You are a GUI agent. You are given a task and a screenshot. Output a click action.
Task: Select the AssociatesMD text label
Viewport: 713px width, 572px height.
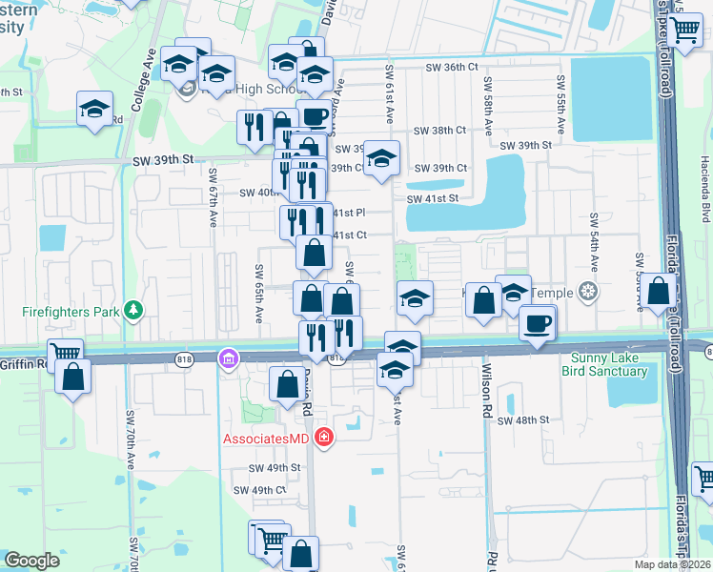coord(269,439)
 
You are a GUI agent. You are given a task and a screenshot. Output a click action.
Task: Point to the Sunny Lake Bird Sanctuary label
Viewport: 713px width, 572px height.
coord(608,365)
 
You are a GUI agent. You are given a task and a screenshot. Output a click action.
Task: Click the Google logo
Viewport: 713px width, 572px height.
coord(31,561)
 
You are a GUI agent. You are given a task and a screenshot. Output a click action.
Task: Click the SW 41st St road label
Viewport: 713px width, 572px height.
coord(433,198)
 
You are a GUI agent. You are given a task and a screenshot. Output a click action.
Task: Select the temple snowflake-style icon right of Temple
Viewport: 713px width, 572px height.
coord(588,291)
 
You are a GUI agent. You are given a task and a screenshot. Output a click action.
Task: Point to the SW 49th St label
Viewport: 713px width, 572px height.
coord(275,468)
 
